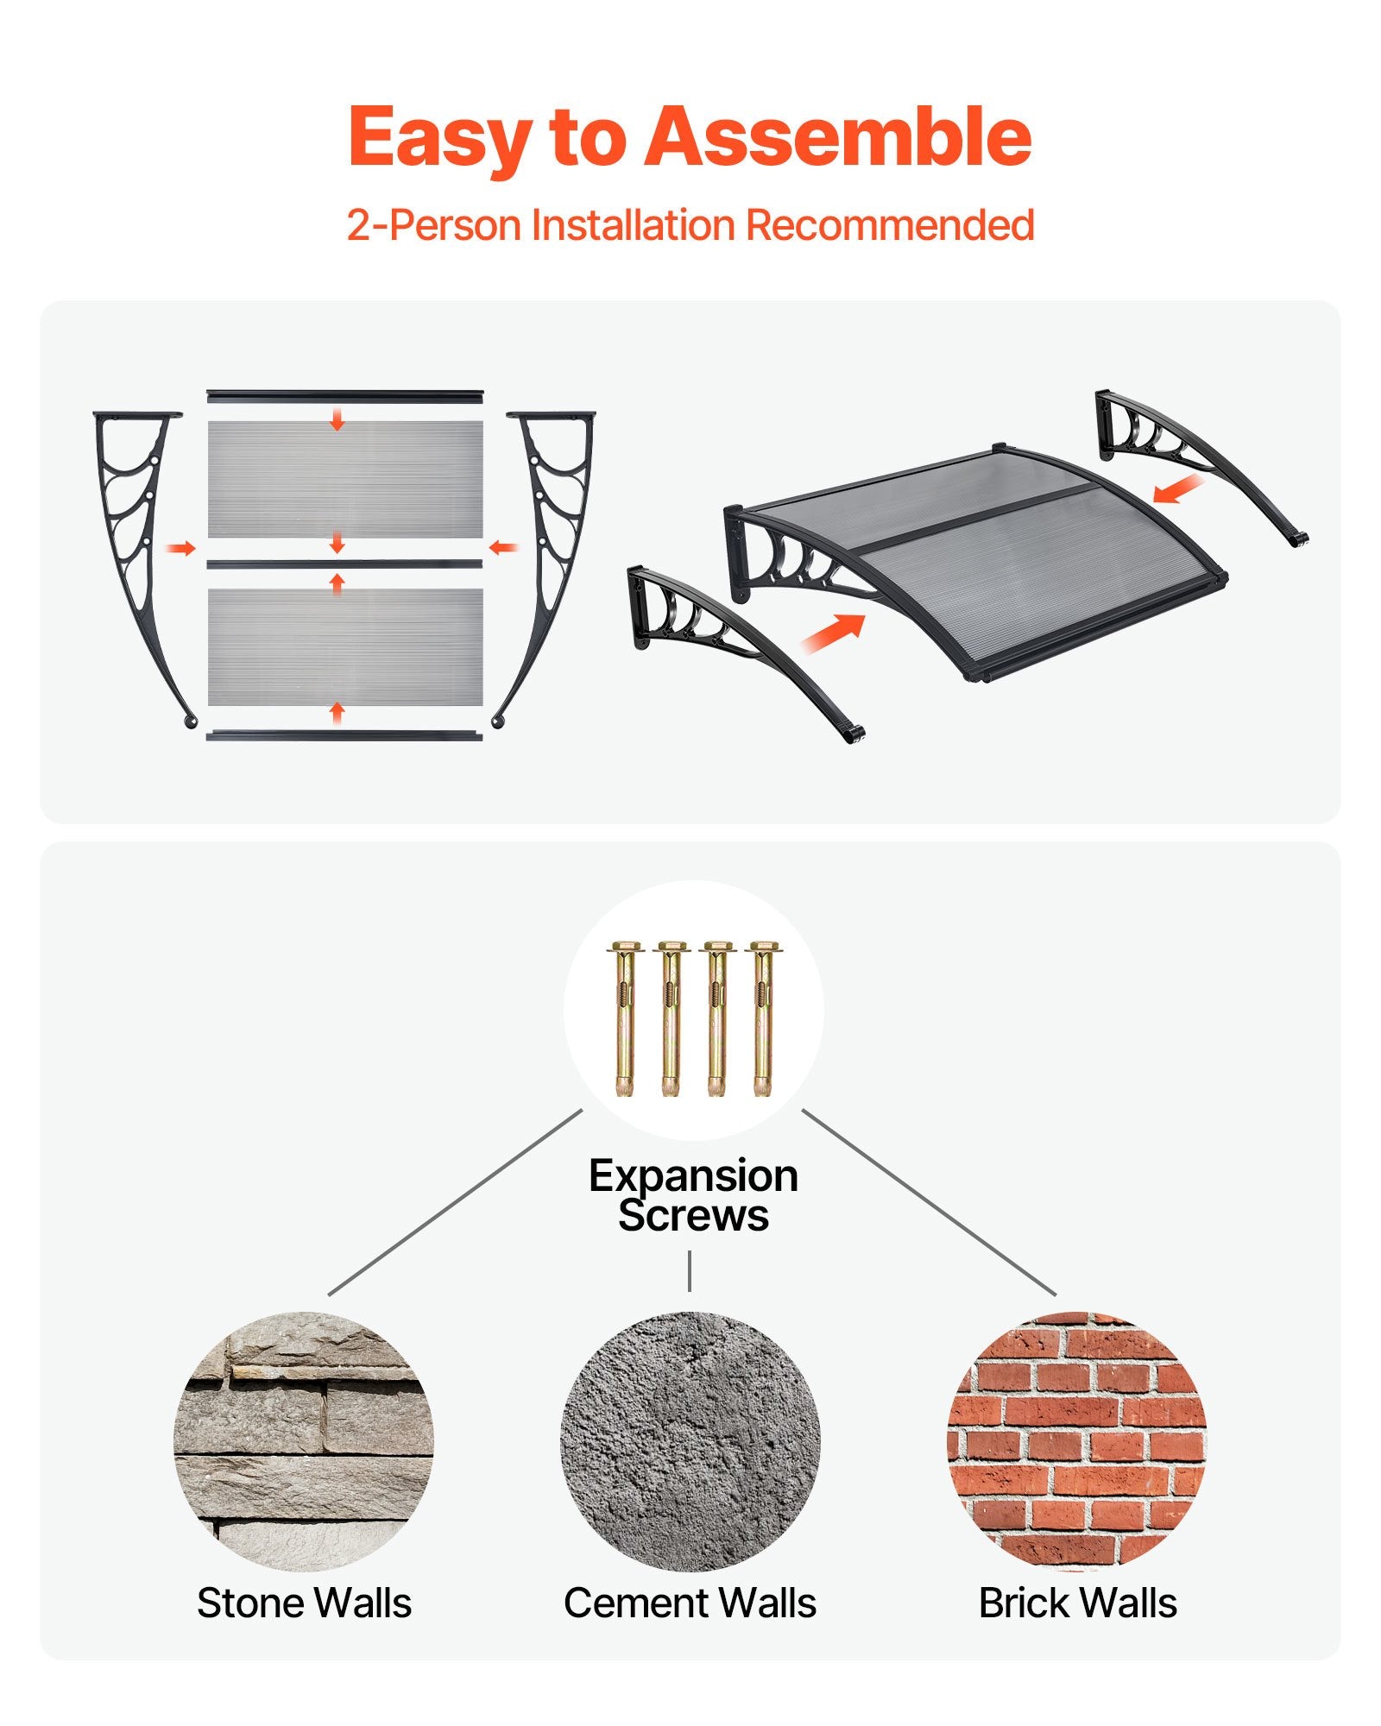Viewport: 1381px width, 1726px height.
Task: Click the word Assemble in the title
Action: point(838,136)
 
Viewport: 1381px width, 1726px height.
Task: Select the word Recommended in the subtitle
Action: point(890,224)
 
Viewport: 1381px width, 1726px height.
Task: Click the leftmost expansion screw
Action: point(625,1018)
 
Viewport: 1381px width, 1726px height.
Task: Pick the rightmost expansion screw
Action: point(762,1018)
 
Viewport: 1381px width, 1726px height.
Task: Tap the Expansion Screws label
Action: point(693,1195)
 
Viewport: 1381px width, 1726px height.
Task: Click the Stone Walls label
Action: point(304,1603)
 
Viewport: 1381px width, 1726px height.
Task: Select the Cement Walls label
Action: point(690,1603)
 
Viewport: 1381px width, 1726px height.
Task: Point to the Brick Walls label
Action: point(1077,1603)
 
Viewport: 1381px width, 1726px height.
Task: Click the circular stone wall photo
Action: point(304,1441)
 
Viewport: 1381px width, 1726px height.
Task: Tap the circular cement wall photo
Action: point(690,1441)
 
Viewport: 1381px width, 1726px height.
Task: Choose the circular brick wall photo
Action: point(1077,1441)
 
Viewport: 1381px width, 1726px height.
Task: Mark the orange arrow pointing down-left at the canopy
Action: point(1179,488)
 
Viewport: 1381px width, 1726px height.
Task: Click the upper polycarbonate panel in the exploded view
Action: point(345,479)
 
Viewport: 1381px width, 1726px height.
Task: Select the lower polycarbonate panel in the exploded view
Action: point(345,647)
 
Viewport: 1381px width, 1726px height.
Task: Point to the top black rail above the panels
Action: point(345,395)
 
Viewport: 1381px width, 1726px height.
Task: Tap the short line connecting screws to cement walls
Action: point(690,1271)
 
